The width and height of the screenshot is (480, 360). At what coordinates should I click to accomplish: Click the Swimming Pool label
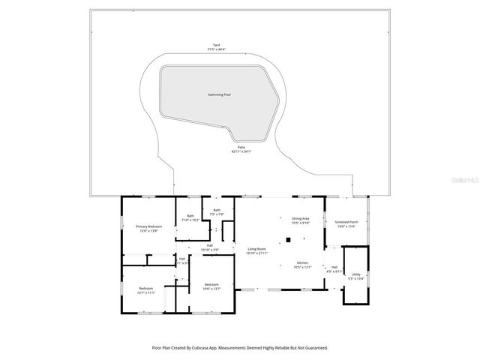point(219,95)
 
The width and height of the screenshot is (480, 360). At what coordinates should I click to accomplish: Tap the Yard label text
point(216,45)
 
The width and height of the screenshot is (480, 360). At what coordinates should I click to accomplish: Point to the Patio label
point(240,148)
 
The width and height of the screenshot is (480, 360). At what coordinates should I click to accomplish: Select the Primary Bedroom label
point(148,226)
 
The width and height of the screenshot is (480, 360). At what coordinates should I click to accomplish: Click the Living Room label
point(257,249)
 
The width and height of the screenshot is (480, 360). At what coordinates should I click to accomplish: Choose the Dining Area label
point(301,218)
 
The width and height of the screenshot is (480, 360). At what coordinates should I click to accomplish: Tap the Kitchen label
point(302,263)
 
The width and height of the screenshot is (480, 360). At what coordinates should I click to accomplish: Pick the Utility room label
point(355,274)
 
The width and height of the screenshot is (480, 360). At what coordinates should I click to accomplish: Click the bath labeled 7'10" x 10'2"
point(190,217)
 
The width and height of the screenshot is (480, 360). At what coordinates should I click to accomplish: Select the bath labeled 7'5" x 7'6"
point(217,210)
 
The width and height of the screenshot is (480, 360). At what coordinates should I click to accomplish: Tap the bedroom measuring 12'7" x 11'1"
point(146,289)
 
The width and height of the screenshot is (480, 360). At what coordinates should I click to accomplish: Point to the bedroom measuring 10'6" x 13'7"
point(211,284)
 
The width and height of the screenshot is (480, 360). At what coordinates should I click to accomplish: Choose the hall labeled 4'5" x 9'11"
point(334,268)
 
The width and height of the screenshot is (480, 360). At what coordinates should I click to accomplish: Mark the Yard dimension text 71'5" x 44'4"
point(216,49)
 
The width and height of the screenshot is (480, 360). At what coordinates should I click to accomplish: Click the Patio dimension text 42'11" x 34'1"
point(240,152)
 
